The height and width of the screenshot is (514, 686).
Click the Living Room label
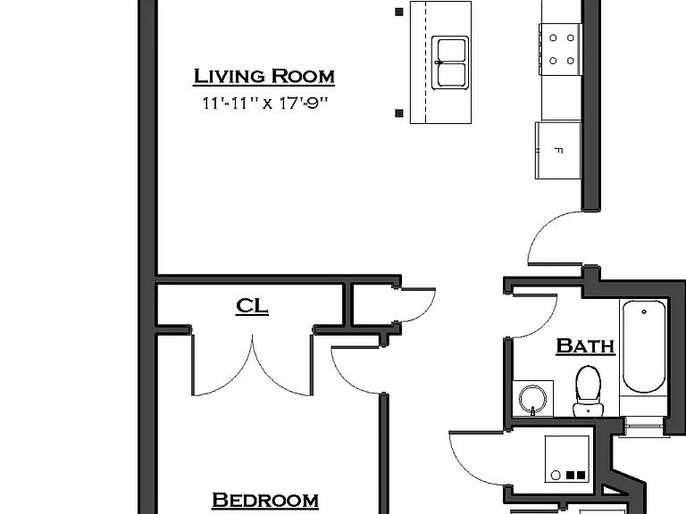point(264,76)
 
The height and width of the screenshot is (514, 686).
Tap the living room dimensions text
point(264,104)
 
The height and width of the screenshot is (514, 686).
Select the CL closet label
point(252,306)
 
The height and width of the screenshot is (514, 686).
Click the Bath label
point(585,346)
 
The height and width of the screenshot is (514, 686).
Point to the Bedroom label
point(265,501)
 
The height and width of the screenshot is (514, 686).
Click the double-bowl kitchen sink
point(450,63)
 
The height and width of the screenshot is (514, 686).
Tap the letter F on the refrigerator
point(557,151)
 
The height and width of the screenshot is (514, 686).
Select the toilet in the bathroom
point(588,391)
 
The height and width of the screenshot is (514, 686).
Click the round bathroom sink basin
point(532,399)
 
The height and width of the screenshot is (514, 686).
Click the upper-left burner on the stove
point(553,38)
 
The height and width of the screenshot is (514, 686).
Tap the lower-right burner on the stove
point(571,61)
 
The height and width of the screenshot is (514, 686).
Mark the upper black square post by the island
point(399,12)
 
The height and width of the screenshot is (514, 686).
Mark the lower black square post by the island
point(399,113)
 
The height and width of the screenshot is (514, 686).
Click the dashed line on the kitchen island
point(425,62)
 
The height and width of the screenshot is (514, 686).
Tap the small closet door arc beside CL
point(426,311)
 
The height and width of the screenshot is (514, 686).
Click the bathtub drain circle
point(644,311)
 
